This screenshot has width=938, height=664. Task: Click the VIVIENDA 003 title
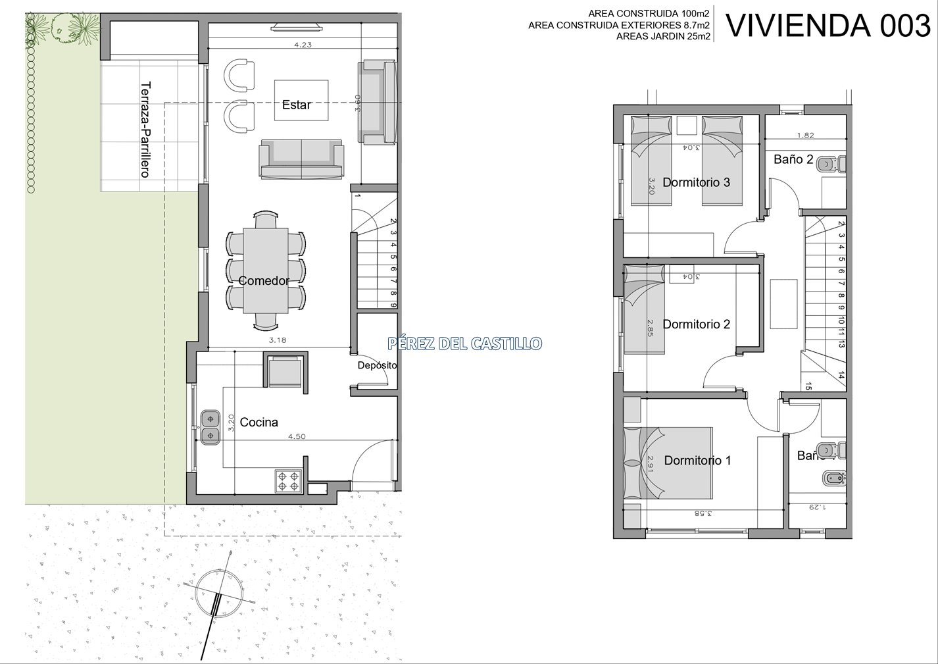pos(828,26)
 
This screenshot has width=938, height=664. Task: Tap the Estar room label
pos(297,105)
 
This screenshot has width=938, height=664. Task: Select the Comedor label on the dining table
pos(264,281)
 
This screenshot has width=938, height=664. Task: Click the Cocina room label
pos(259,422)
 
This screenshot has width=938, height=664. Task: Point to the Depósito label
pos(378,366)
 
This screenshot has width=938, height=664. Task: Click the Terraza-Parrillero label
pos(145,130)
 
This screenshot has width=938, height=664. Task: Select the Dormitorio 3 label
pos(697,182)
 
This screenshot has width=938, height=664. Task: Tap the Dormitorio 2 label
pos(697,324)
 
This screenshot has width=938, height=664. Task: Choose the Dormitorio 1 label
pos(698,461)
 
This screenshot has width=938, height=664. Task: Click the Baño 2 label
pos(793,159)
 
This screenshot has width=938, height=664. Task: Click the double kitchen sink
pos(210,427)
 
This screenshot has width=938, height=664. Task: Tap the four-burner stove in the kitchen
pos(289,481)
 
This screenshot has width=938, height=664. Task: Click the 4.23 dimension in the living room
pos(303,45)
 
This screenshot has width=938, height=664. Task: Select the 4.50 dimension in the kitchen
pos(297,436)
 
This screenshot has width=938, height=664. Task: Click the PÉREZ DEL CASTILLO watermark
pos(465,344)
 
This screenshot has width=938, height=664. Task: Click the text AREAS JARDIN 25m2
pos(663,36)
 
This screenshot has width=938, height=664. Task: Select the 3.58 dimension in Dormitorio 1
pos(703,513)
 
